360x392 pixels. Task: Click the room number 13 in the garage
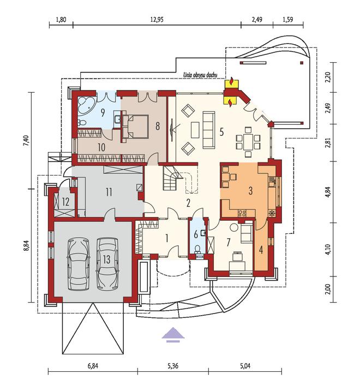[106, 260]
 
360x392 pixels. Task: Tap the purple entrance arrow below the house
[173, 334]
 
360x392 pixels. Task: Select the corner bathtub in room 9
[85, 105]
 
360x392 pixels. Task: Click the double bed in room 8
[135, 126]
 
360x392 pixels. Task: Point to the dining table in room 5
[248, 142]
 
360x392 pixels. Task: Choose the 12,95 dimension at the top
[157, 20]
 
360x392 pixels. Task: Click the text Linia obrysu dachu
[200, 75]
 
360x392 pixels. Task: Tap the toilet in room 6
[198, 249]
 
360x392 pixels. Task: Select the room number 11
[109, 192]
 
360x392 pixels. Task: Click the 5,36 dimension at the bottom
[173, 366]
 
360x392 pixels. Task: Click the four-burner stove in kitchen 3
[242, 213]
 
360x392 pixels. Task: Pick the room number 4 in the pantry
[261, 250]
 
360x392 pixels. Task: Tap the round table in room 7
[234, 227]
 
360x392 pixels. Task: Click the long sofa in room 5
[209, 130]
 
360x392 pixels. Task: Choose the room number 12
[65, 202]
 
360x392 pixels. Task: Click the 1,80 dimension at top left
[61, 20]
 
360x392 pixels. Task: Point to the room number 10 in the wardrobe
[101, 147]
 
